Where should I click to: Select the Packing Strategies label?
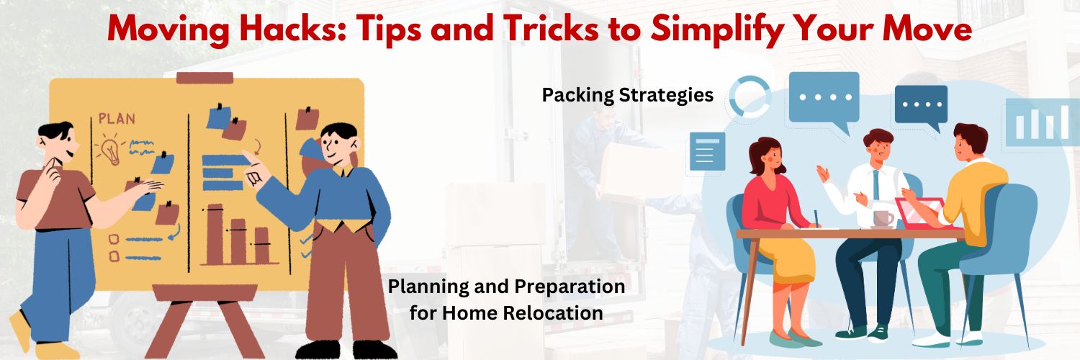(x=627, y=95)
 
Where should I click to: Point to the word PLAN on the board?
(x=117, y=119)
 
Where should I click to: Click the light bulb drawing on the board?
(x=111, y=151)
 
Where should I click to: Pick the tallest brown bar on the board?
(x=215, y=234)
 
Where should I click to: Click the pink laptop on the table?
(x=922, y=213)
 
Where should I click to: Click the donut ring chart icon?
(x=750, y=96)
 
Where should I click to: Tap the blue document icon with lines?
(x=707, y=151)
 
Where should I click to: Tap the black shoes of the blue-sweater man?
(x=346, y=349)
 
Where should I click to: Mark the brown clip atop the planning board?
(x=204, y=78)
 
